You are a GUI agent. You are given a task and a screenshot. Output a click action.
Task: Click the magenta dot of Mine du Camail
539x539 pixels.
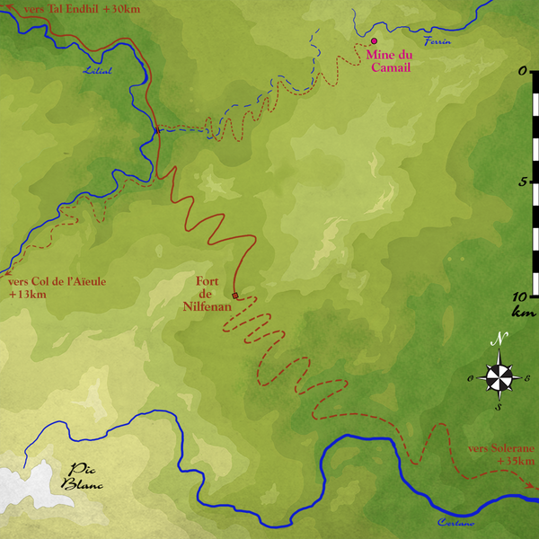pyautogui.click(x=373, y=40)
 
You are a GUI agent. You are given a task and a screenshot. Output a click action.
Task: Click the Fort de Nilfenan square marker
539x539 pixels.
pyautogui.click(x=235, y=296)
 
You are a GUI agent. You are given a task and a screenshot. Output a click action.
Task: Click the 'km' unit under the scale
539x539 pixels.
pyautogui.click(x=522, y=312)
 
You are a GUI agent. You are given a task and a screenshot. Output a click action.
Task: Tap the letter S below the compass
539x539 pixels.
pyautogui.click(x=499, y=407)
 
